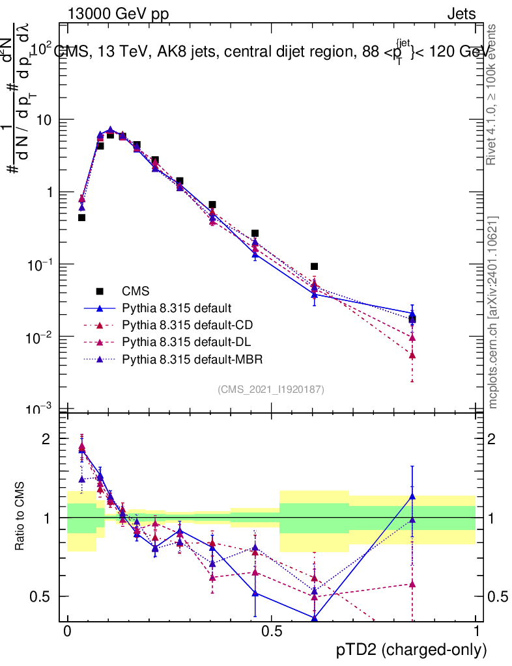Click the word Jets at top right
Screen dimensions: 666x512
461,14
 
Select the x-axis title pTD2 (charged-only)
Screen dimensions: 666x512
411,650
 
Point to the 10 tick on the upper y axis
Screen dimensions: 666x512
44,120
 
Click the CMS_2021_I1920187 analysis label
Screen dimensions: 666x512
271,389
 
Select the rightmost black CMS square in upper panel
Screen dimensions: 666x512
412,319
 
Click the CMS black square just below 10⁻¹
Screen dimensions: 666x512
314,266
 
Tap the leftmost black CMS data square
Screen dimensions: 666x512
81,217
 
